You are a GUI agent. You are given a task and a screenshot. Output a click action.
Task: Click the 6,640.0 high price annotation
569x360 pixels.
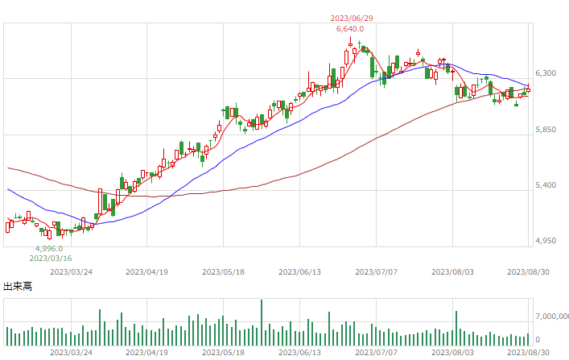click(x=350, y=29)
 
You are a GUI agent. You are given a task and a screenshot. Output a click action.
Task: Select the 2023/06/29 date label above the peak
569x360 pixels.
click(x=352, y=19)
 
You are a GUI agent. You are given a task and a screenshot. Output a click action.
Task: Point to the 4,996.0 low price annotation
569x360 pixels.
click(x=49, y=249)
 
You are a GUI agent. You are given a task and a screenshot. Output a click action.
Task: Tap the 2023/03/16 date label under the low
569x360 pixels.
click(x=51, y=259)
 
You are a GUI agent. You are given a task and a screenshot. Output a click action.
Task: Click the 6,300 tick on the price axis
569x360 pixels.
click(x=546, y=73)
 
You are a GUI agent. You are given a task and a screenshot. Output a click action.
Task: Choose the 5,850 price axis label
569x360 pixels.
click(x=546, y=130)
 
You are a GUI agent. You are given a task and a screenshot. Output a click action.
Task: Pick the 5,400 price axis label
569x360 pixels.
click(x=546, y=185)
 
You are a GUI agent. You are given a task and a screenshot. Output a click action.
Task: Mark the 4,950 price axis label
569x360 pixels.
click(x=546, y=241)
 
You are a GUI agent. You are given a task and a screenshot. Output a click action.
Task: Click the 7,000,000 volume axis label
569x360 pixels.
click(x=552, y=317)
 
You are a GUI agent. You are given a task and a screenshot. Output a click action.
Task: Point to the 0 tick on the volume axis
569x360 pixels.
click(x=538, y=340)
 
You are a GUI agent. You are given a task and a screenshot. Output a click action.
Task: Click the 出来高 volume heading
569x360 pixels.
click(x=18, y=287)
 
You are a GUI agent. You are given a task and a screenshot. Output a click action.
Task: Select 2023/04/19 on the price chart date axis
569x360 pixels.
click(x=147, y=272)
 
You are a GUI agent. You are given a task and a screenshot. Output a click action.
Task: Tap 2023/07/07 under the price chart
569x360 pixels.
click(x=377, y=272)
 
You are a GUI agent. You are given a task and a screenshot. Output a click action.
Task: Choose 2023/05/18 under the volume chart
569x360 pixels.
click(x=223, y=353)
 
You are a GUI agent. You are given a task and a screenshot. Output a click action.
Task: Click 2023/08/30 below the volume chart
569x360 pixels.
click(x=528, y=353)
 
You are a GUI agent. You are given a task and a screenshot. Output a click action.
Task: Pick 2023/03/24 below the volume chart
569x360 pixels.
click(x=71, y=353)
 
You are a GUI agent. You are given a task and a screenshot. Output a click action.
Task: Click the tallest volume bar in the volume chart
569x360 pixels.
click(x=262, y=323)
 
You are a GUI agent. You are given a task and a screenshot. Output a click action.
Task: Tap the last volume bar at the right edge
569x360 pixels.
click(x=528, y=339)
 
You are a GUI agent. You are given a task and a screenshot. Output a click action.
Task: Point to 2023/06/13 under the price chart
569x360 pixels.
click(x=299, y=272)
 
